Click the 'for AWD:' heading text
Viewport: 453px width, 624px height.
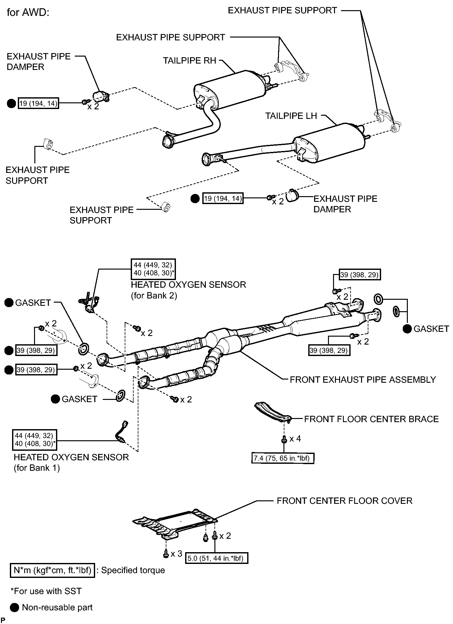point(28,13)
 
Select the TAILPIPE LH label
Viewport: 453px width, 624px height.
point(291,116)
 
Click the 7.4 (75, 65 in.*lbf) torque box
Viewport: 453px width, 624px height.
point(282,458)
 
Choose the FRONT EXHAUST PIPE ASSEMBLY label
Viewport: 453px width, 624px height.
point(363,380)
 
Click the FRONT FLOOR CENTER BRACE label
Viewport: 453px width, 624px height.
point(371,419)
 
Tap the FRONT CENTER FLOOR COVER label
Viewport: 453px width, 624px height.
point(345,501)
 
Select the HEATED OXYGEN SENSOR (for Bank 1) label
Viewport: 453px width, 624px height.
point(71,463)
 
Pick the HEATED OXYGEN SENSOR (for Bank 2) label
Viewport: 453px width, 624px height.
point(188,290)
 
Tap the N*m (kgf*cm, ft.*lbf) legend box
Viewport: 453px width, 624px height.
point(52,571)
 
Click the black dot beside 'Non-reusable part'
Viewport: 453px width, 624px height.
point(14,607)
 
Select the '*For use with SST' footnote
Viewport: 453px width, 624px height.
point(46,591)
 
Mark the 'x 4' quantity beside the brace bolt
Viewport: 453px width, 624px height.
point(295,439)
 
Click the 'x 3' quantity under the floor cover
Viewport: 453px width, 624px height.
point(176,553)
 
